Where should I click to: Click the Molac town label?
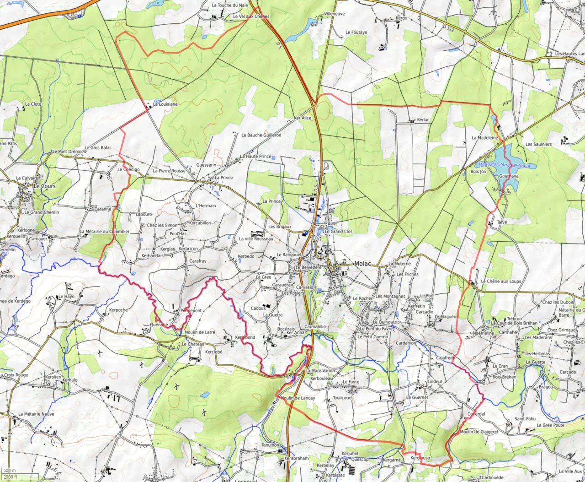tap(362, 264)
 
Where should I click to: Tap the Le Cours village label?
tap(45, 186)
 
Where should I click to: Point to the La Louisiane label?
tap(165, 104)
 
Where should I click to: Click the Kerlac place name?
tap(423, 120)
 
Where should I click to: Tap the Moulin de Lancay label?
tap(298, 398)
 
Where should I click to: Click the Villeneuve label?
tap(335, 14)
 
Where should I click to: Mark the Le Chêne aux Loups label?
tap(500, 282)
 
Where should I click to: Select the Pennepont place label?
tap(191, 311)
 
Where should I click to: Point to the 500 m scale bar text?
tap(10, 471)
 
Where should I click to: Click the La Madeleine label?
tap(485, 138)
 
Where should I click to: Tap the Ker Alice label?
tap(303, 118)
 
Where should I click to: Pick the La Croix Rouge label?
tap(15, 375)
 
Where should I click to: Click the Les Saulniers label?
tap(538, 145)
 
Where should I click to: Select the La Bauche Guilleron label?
tap(261, 135)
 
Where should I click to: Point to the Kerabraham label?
tap(297, 458)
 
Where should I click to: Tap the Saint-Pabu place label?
tap(525, 419)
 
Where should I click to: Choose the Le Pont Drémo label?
tap(67, 152)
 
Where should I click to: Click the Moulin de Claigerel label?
tap(479, 432)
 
